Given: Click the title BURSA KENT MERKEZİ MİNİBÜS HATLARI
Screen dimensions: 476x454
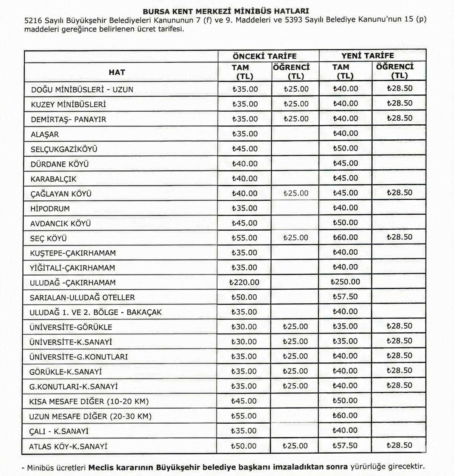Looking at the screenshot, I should [x=225, y=11].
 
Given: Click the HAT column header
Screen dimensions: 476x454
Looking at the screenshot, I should [x=117, y=72].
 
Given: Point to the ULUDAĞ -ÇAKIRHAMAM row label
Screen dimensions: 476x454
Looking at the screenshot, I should [x=73, y=282].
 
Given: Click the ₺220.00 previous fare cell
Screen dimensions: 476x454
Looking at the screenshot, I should [x=244, y=282].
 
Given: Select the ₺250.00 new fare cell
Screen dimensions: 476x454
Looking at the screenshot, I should [x=345, y=282].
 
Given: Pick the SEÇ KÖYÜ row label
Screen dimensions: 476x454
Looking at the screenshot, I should [x=48, y=238].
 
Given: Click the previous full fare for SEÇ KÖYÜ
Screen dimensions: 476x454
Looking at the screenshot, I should [x=244, y=238].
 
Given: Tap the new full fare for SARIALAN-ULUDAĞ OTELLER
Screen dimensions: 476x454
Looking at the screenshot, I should [x=345, y=297].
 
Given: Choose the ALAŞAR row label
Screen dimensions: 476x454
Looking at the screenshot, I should [x=45, y=134].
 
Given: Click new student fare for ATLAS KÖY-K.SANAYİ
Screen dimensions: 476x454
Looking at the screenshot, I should [x=400, y=445].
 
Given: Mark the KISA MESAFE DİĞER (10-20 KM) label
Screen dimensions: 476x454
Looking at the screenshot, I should [x=89, y=401].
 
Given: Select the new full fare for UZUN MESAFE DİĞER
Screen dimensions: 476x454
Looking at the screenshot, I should [x=345, y=415].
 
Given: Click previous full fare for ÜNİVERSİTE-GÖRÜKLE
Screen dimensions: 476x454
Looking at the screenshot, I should [x=244, y=326].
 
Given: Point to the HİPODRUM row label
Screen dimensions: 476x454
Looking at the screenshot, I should [x=50, y=209].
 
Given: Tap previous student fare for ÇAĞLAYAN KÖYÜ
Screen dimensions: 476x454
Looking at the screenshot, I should [x=296, y=194].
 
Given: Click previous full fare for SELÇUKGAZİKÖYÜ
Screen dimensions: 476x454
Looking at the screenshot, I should [x=244, y=149].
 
